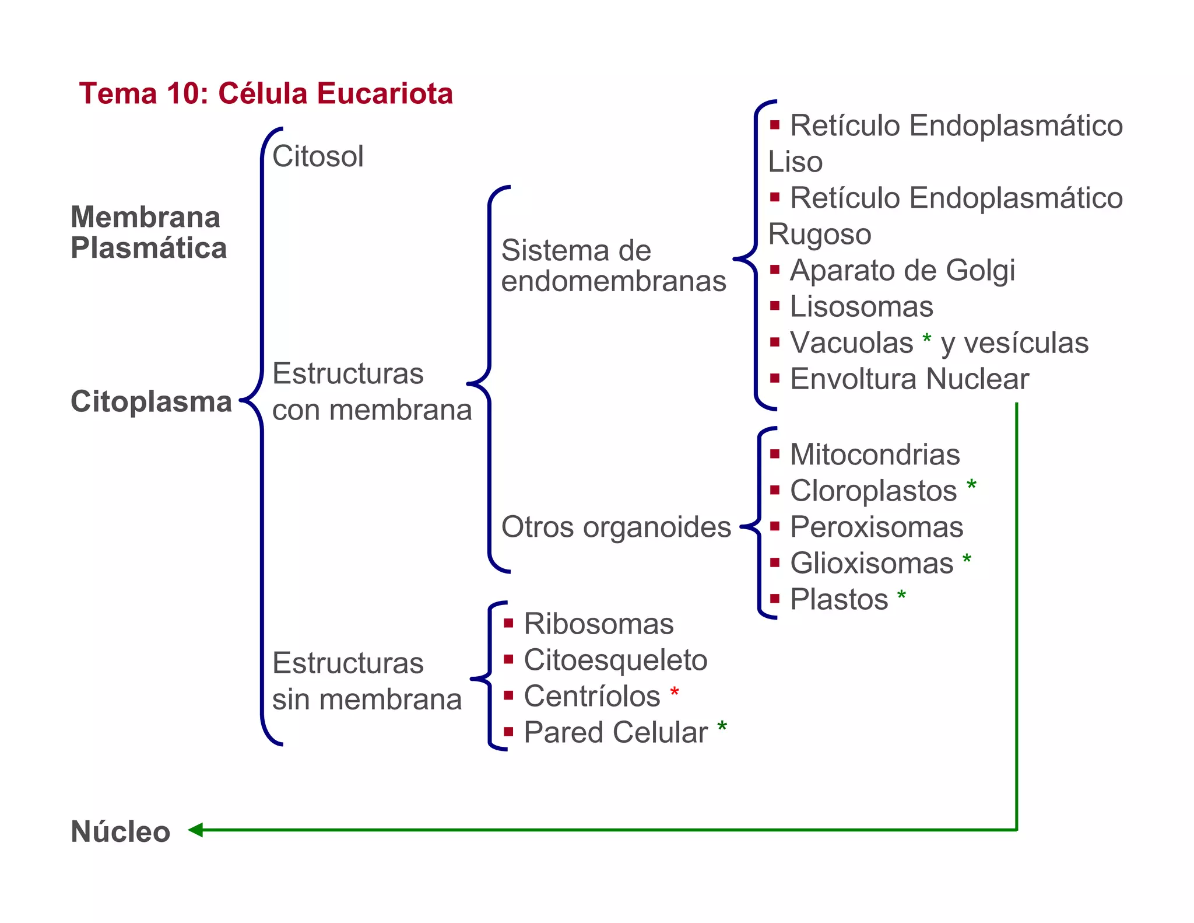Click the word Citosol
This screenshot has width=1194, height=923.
318,156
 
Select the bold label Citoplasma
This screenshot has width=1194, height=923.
151,402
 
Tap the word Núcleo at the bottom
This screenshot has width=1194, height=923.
120,831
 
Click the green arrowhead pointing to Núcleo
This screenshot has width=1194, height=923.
195,830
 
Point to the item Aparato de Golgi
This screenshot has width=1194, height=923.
902,271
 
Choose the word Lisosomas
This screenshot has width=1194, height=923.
861,307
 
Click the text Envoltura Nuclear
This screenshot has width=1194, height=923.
909,379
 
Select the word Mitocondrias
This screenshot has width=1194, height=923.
875,454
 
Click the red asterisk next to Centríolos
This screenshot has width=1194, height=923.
675,693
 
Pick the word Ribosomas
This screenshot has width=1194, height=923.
599,624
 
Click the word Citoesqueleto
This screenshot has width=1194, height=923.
615,660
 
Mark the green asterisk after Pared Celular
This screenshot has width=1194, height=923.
722,727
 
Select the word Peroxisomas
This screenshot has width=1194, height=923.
876,527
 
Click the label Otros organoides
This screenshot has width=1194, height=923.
616,527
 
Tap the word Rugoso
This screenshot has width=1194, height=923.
819,235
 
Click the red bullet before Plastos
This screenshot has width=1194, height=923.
775,599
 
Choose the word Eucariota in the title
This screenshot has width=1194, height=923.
385,94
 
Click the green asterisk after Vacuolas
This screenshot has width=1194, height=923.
927,338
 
